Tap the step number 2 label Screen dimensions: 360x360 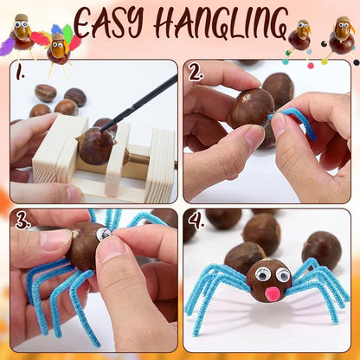click(x=196, y=70)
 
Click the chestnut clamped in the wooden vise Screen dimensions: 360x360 click(x=94, y=146)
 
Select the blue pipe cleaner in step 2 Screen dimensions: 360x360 click(x=295, y=121)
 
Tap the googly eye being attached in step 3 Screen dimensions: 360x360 click(x=104, y=234)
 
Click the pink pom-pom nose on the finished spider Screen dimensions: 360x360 click(x=273, y=293)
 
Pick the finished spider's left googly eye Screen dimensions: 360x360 click(x=262, y=274)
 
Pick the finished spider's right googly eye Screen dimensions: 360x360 click(x=283, y=275)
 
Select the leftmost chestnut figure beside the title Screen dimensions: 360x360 click(x=22, y=33)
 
